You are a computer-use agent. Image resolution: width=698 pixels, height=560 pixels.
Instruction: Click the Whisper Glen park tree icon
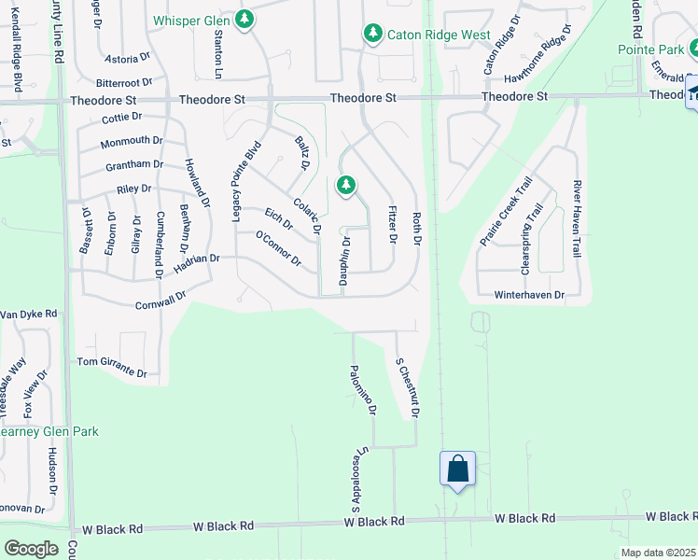click(244, 20)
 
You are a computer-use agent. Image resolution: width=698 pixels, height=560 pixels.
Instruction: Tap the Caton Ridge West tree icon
click(373, 35)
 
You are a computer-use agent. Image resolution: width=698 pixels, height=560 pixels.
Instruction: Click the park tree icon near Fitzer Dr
click(346, 186)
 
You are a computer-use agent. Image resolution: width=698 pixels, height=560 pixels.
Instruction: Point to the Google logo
click(31, 549)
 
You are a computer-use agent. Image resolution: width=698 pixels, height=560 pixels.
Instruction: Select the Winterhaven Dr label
click(530, 295)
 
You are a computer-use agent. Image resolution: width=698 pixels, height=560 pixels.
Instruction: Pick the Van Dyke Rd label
click(29, 315)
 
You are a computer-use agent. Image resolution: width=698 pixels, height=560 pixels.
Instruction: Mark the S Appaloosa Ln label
click(356, 477)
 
